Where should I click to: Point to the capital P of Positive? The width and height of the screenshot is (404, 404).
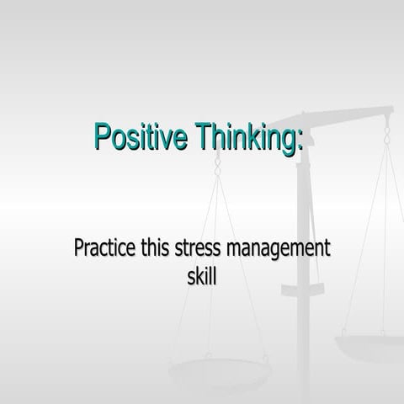point(103,136)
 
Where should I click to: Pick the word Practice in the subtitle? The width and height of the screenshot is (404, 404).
point(105,252)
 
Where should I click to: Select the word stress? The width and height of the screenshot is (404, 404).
point(204,252)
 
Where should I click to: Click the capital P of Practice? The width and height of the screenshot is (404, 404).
point(79,251)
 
